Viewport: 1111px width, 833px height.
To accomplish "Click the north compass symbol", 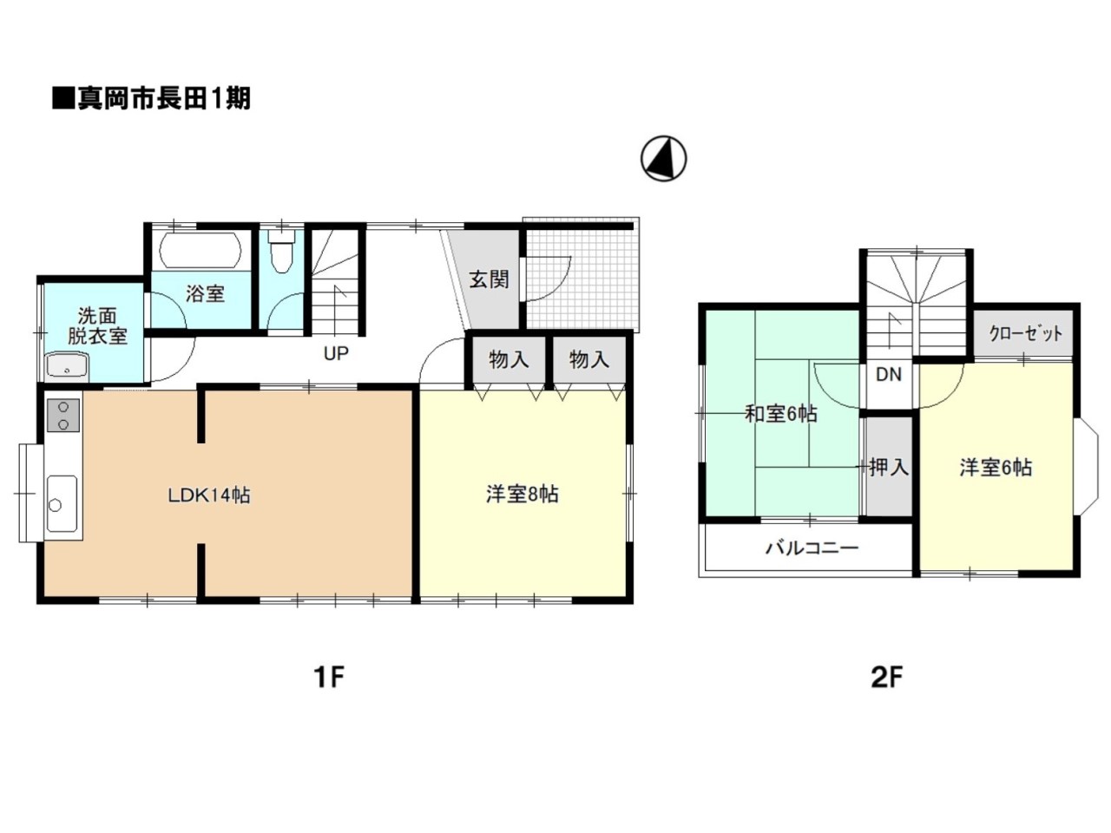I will click(x=664, y=159).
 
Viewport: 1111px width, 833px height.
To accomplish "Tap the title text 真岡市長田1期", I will click(x=152, y=98).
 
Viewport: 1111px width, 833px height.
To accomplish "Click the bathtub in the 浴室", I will click(x=200, y=251).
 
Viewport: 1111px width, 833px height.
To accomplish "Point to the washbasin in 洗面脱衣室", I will click(x=66, y=367).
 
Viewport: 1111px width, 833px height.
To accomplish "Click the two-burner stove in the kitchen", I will click(x=63, y=415).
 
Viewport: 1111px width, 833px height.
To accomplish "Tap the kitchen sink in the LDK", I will click(x=61, y=504).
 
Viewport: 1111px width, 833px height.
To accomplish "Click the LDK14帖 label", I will click(x=209, y=495).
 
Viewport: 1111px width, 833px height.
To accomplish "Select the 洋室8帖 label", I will click(x=522, y=495).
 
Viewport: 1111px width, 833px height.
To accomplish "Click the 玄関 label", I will click(x=489, y=279).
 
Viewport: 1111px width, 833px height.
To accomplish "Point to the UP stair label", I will click(x=336, y=354).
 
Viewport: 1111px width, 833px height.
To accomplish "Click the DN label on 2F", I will click(x=888, y=375).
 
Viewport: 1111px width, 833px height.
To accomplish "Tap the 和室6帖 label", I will click(x=780, y=414).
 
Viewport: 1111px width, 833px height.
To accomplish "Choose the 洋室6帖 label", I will click(x=996, y=468).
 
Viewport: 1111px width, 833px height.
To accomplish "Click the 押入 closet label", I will click(x=889, y=468).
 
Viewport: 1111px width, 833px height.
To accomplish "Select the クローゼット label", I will click(x=1025, y=333).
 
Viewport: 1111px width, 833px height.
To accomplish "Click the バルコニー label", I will click(x=812, y=548).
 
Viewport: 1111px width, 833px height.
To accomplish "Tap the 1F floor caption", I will click(x=329, y=676).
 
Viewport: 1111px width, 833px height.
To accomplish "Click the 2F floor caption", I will click(x=886, y=676).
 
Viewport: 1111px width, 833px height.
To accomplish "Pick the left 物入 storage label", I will click(x=509, y=359).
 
